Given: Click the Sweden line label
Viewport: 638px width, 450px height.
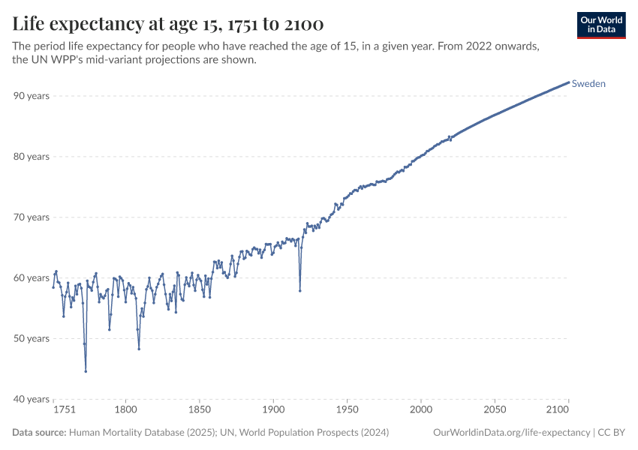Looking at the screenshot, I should click(588, 84).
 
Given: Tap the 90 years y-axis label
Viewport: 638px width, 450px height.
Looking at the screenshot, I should click(32, 96).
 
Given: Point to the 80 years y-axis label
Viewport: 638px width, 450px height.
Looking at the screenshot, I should click(32, 157).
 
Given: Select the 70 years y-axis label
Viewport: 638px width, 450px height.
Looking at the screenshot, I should click(32, 217).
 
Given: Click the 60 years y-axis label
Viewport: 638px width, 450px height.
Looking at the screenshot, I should click(32, 278).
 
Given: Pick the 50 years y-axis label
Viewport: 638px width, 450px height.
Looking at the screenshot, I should click(32, 338).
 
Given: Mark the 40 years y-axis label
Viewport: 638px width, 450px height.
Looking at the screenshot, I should click(32, 399).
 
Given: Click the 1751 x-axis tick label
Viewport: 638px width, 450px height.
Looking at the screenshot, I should click(64, 410).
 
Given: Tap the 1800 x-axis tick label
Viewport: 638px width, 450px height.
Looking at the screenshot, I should click(126, 410).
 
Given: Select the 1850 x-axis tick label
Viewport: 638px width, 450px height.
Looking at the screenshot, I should click(200, 410).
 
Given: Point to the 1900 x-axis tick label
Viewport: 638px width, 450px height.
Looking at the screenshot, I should click(273, 410).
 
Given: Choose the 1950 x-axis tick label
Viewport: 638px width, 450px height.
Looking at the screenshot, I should click(347, 410).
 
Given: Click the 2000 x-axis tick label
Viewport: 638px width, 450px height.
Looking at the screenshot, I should click(421, 410).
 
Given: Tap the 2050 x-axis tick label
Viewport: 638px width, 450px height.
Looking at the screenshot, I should click(495, 410).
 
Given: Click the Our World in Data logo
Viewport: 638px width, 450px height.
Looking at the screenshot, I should click(601, 25).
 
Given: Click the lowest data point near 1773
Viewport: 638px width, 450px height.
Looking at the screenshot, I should click(86, 371).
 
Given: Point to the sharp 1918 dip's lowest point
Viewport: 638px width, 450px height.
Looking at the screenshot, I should click(300, 291).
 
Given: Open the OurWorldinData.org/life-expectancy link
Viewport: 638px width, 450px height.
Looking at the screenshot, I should click(512, 433).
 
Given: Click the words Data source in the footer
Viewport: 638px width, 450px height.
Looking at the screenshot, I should click(38, 433).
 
